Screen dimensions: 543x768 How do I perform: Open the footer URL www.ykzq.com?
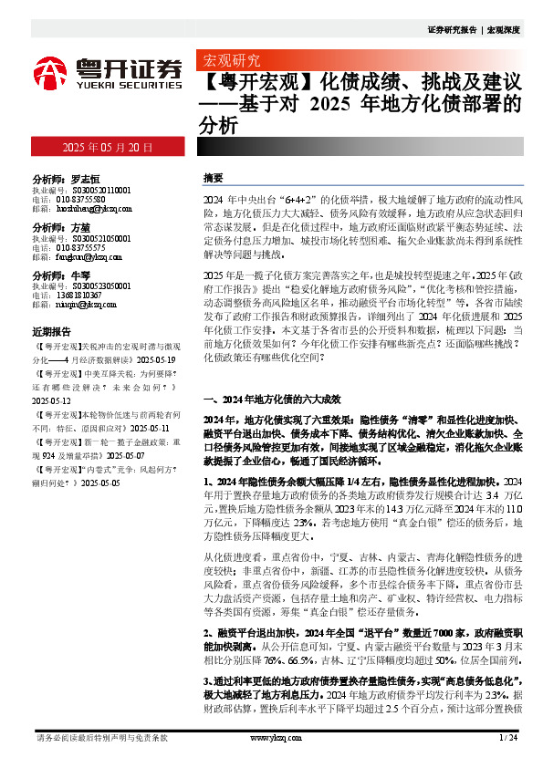(x=270, y=737)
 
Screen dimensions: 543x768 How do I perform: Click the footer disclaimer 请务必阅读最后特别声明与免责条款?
(x=101, y=737)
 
